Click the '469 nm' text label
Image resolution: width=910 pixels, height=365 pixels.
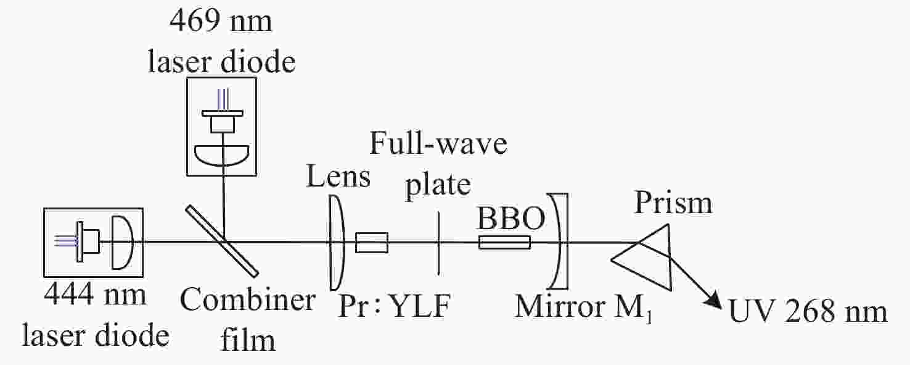pyautogui.click(x=221, y=20)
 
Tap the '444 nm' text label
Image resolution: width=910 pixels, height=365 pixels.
pyautogui.click(x=95, y=294)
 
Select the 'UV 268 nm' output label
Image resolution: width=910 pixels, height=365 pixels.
pyautogui.click(x=808, y=312)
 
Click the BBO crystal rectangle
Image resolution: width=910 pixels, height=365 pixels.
pyautogui.click(x=504, y=243)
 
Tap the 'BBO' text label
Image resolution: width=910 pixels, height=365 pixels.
pyautogui.click(x=511, y=218)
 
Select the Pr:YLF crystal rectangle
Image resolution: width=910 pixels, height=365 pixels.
pyautogui.click(x=372, y=243)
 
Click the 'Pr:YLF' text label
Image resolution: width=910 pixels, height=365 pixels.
pyautogui.click(x=394, y=306)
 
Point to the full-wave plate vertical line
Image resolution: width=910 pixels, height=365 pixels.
pyautogui.click(x=438, y=243)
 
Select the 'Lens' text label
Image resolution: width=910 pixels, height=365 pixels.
pyautogui.click(x=338, y=176)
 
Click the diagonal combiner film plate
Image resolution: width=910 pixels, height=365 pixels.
pyautogui.click(x=222, y=241)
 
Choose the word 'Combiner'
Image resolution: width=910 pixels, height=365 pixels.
pyautogui.click(x=247, y=300)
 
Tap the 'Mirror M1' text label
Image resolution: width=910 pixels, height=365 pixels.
pyautogui.click(x=584, y=307)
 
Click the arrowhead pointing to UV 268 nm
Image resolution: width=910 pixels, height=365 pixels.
pyautogui.click(x=713, y=301)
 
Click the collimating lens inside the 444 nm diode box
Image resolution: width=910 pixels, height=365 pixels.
pyautogui.click(x=123, y=243)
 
